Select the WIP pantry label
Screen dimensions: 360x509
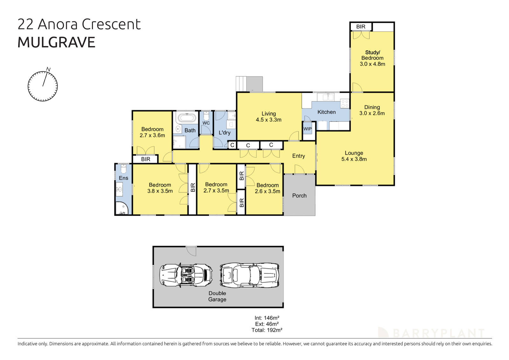(x=307, y=129)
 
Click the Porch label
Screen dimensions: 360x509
(x=299, y=196)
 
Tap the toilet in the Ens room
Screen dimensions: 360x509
(x=123, y=168)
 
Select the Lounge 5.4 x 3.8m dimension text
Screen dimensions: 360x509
(x=354, y=159)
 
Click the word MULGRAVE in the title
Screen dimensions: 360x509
(x=56, y=43)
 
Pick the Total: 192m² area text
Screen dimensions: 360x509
(x=267, y=330)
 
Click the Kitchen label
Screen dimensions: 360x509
(x=326, y=112)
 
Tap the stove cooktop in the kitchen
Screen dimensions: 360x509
(x=345, y=103)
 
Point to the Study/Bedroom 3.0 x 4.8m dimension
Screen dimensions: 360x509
(x=372, y=64)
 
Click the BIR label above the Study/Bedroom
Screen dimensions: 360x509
(x=361, y=27)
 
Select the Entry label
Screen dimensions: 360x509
(x=298, y=156)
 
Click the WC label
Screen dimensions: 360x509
(x=206, y=123)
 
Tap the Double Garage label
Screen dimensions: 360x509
(x=217, y=296)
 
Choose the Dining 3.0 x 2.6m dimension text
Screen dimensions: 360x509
(x=372, y=113)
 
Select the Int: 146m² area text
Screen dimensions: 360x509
(x=267, y=318)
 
